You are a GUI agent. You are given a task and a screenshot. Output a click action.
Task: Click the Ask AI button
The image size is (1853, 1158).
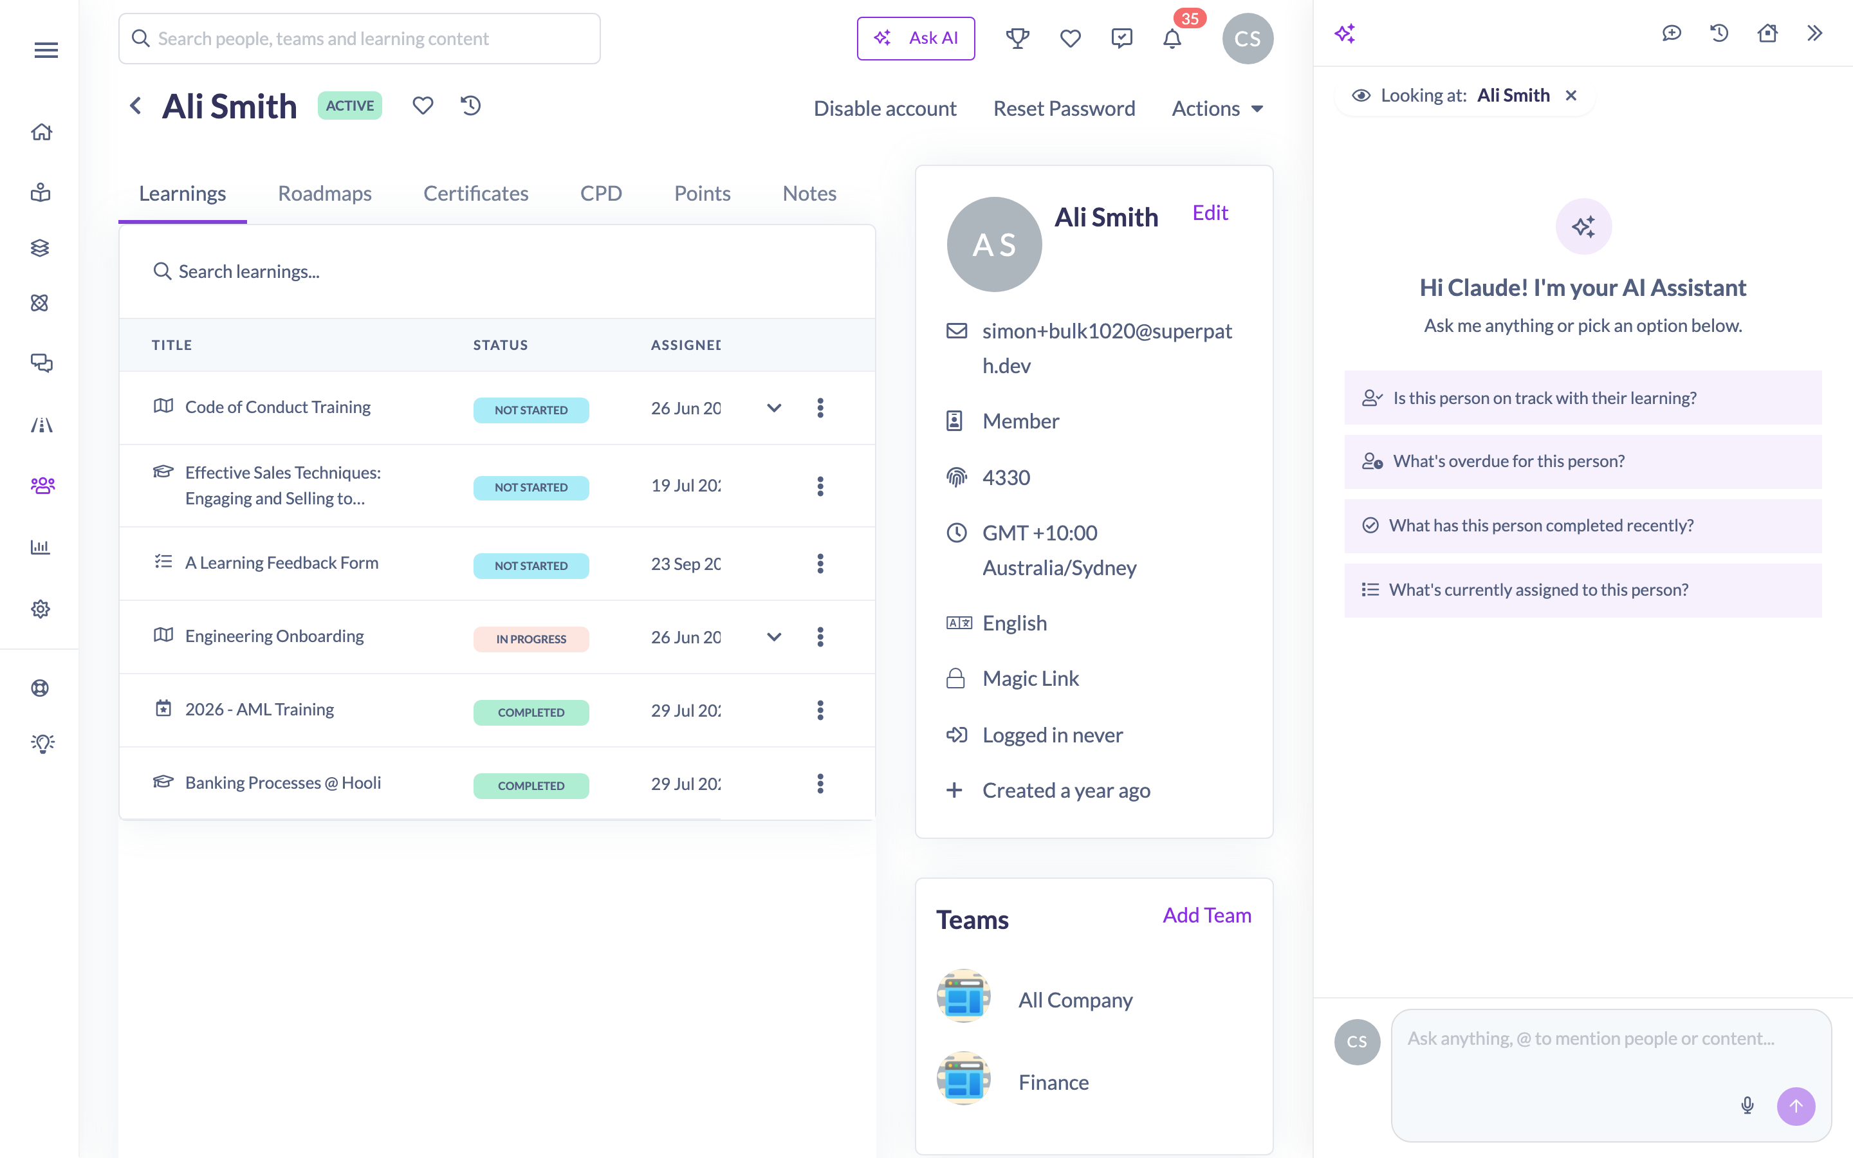point(916,39)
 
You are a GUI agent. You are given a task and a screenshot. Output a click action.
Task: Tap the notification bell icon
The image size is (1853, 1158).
point(1172,39)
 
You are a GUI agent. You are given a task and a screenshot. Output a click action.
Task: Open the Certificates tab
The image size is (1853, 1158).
point(475,193)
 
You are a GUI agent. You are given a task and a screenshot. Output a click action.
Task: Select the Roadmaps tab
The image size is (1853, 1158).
point(325,193)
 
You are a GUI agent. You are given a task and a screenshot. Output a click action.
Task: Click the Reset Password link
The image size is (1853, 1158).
point(1064,108)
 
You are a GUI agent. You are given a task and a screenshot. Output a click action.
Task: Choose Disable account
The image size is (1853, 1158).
point(885,108)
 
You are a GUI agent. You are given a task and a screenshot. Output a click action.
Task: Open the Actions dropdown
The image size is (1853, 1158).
point(1217,108)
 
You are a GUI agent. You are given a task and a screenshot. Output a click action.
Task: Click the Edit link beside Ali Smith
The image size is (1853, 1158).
point(1210,212)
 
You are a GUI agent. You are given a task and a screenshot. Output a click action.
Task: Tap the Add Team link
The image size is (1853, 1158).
point(1207,915)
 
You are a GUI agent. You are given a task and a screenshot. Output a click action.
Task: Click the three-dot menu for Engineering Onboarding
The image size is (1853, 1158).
point(820,637)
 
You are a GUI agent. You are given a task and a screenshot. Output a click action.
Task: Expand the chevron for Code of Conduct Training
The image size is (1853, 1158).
point(774,409)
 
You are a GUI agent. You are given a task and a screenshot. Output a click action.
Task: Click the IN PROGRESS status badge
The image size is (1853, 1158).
point(531,639)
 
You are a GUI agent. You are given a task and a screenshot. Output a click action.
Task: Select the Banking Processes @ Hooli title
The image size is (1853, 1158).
point(282,783)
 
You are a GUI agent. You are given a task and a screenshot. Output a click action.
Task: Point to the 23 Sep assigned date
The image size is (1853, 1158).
point(685,564)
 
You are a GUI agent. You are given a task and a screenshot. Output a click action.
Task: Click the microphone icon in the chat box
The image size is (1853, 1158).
point(1747,1105)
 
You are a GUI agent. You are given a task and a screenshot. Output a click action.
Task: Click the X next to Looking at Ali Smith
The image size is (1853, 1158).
point(1571,95)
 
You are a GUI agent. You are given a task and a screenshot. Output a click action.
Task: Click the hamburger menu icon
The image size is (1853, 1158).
point(46,51)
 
